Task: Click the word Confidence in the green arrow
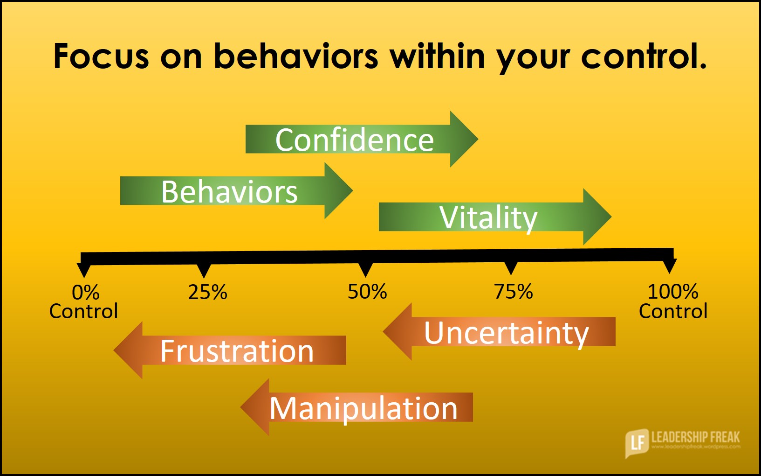coord(354,140)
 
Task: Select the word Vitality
coord(488,217)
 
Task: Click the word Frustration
coord(237,351)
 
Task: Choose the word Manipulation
coord(363,408)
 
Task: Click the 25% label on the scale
coord(207,292)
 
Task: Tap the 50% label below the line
coord(367,292)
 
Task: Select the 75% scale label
coord(513,292)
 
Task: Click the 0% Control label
coord(84,302)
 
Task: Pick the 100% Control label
coord(672,301)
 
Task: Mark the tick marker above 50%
coord(366,269)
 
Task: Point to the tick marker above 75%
coord(511,268)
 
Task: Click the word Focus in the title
coord(101,56)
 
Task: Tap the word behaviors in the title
coord(295,56)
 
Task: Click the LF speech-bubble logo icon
coord(636,441)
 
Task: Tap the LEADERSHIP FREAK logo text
coord(695,437)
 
